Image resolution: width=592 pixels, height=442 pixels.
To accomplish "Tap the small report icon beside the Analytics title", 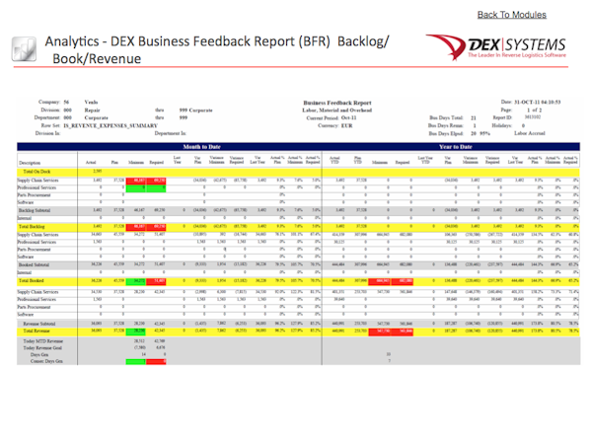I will pyautogui.click(x=25, y=50).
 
